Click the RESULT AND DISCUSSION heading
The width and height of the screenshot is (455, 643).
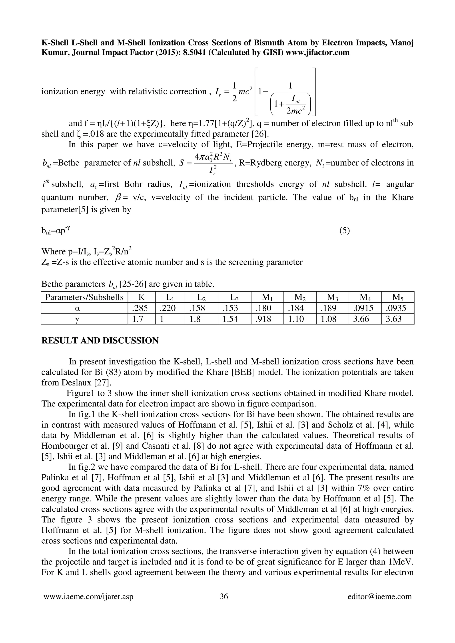click(100, 341)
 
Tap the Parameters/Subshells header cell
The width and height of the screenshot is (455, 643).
click(84, 297)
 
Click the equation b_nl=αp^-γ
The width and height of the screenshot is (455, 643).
click(56, 231)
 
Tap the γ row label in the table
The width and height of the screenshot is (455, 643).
click(84, 319)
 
